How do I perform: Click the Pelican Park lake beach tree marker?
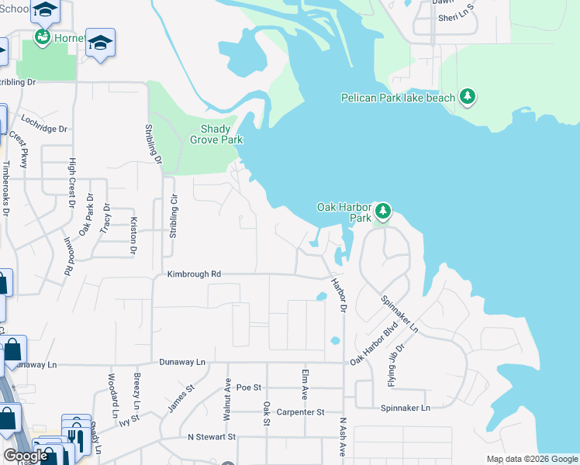pyautogui.click(x=468, y=97)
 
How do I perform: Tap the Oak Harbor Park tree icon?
pyautogui.click(x=381, y=211)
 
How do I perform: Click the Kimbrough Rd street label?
pyautogui.click(x=195, y=274)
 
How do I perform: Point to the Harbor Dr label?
pyautogui.click(x=339, y=294)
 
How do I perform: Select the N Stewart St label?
pyautogui.click(x=212, y=437)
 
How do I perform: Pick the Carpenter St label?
pyautogui.click(x=299, y=413)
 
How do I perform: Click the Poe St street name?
pyautogui.click(x=250, y=387)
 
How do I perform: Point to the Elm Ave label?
pyautogui.click(x=305, y=384)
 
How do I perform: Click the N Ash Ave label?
pyautogui.click(x=342, y=439)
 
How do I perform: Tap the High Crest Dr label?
pyautogui.click(x=72, y=177)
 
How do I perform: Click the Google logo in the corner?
pyautogui.click(x=26, y=456)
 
